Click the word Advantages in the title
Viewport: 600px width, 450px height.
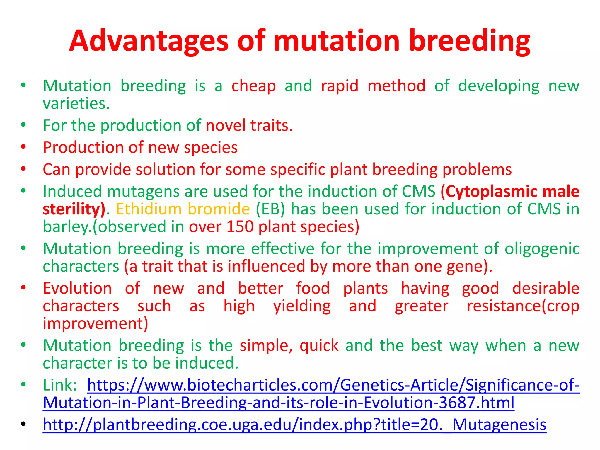point(149,41)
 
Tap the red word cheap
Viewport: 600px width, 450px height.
point(253,86)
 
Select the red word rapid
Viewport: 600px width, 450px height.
point(340,86)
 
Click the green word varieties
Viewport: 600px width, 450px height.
point(76,104)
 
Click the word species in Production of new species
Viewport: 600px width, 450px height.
point(211,148)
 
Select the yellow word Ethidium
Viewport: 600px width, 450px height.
point(149,209)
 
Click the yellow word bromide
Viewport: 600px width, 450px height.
point(219,209)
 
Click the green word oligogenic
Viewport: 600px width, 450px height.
point(542,249)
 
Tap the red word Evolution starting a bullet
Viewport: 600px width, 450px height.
point(77,288)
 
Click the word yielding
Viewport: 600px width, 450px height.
point(302,306)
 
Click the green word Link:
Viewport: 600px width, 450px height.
point(60,385)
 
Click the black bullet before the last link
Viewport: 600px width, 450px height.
point(24,424)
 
